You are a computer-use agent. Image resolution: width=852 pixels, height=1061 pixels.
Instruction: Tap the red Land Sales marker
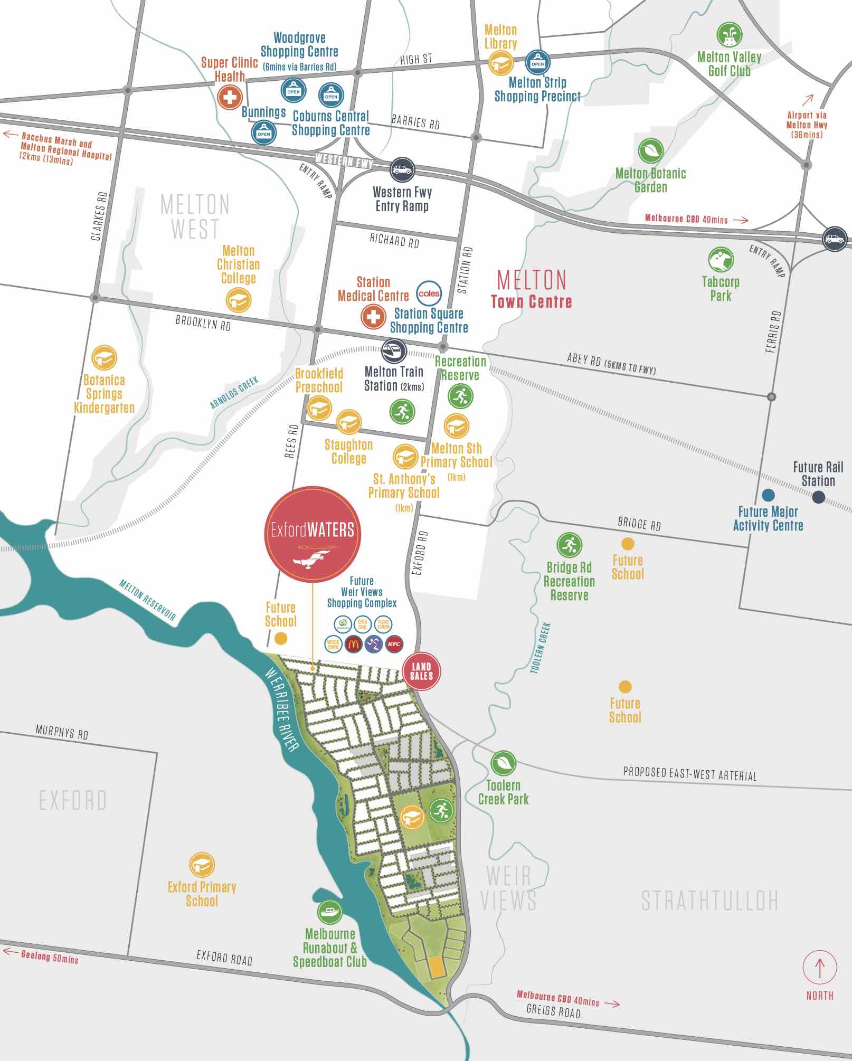(x=421, y=671)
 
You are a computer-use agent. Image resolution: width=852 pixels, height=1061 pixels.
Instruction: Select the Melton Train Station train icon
(x=394, y=350)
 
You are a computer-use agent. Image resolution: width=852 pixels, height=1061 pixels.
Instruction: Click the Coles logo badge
(x=429, y=293)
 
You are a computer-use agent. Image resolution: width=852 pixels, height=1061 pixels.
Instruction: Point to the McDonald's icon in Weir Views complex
(x=353, y=644)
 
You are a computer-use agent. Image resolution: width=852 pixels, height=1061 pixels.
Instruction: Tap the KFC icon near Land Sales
(x=394, y=644)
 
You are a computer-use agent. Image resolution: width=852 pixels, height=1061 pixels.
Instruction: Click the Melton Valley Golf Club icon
(x=729, y=35)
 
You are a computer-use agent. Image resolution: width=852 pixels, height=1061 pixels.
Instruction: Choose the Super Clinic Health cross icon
(x=230, y=97)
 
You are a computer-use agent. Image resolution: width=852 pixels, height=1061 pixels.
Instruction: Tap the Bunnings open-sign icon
(x=263, y=133)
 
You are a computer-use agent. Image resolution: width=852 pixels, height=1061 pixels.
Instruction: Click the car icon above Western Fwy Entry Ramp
(x=402, y=170)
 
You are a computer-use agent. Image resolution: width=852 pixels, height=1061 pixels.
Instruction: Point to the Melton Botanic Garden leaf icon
(x=650, y=151)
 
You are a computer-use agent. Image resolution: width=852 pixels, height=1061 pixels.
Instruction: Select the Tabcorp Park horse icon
(x=721, y=260)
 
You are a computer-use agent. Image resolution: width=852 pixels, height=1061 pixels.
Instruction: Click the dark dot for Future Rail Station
(x=818, y=497)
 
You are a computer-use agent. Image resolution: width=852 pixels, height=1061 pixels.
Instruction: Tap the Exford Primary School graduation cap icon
(x=201, y=865)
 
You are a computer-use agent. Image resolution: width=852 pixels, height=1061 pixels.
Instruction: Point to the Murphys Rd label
(x=62, y=732)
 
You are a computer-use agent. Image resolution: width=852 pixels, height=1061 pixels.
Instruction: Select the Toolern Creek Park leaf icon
(x=503, y=763)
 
